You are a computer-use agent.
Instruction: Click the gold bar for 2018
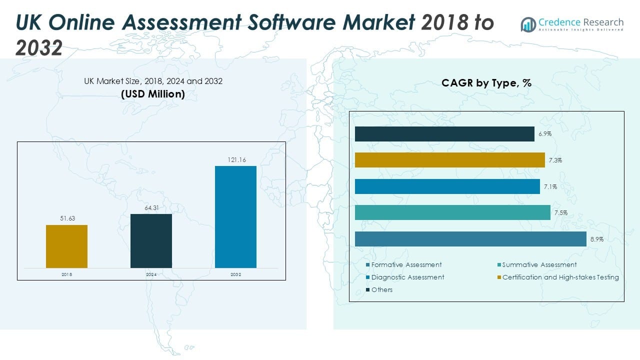66,246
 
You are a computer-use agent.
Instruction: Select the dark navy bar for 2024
151,241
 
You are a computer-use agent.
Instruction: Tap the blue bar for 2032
235,217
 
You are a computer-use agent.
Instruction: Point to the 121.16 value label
235,160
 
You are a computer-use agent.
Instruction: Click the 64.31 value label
151,208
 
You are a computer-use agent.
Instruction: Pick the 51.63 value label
66,218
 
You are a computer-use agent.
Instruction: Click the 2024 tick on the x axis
151,274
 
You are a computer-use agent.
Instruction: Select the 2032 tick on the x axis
235,274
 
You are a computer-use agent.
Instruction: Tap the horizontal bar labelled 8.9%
470,239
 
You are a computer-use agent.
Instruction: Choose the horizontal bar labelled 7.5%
452,212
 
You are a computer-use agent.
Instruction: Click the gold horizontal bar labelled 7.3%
449,160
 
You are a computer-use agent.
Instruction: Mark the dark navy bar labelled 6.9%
444,134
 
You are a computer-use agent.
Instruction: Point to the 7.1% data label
551,186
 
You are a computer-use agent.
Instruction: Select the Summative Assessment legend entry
539,265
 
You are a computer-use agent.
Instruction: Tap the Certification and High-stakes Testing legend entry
560,277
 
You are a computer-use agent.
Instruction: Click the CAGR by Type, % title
486,83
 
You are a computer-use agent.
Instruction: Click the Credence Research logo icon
528,24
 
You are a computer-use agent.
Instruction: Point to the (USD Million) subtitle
153,94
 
